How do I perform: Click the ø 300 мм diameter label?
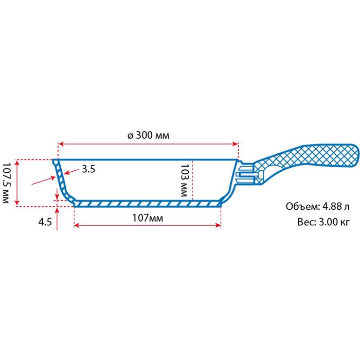coord(148,135)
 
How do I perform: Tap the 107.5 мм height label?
coord(6,183)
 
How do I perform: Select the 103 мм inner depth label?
coord(184,180)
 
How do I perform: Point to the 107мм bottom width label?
coord(148,218)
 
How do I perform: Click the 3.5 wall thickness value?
coord(88,169)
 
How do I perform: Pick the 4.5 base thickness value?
coord(45,222)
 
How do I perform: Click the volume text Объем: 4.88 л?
coord(317,207)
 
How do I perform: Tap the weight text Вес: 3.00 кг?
coord(323,222)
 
